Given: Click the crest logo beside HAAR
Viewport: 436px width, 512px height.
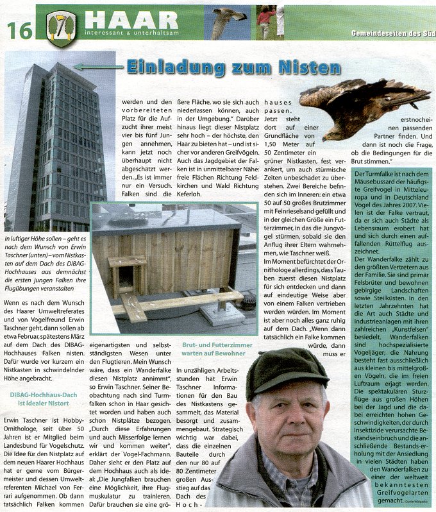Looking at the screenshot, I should [x=62, y=26].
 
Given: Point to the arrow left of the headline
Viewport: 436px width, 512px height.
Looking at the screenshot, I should [x=96, y=66].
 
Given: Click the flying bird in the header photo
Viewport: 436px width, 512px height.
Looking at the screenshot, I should [x=227, y=21].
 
